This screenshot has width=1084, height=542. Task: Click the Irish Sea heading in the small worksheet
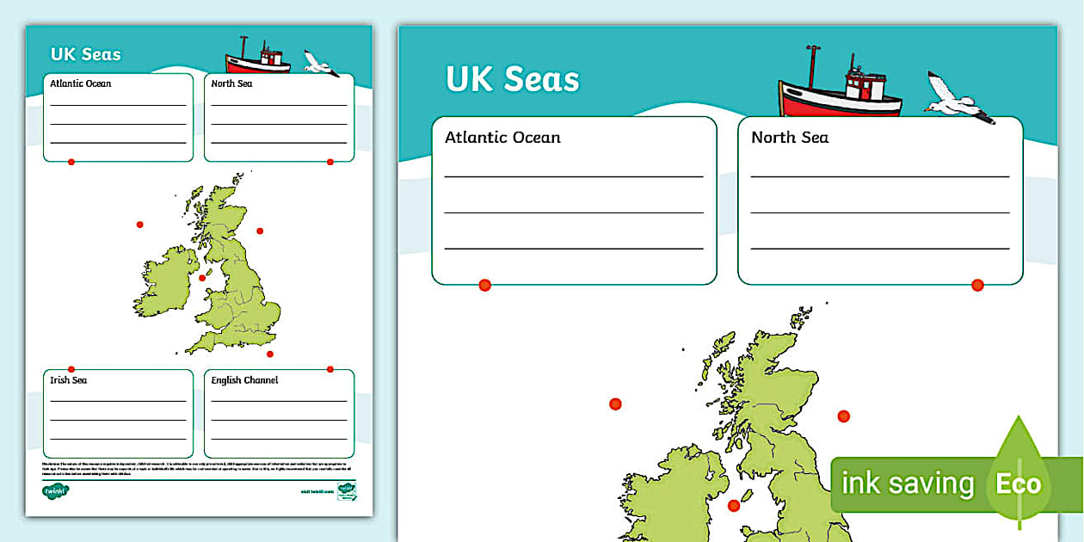(69, 380)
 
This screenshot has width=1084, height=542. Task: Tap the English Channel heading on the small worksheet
(244, 380)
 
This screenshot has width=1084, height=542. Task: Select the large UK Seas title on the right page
(513, 79)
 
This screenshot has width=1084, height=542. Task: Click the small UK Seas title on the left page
(85, 54)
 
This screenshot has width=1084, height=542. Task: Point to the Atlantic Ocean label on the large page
(502, 138)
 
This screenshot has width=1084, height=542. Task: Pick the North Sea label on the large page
(790, 138)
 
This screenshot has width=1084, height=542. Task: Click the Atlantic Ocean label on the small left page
(81, 84)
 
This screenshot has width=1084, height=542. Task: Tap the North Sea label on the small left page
(231, 84)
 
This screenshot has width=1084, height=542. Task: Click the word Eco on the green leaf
(1019, 483)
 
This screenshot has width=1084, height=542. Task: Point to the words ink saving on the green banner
(908, 483)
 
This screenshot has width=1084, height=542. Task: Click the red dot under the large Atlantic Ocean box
(484, 285)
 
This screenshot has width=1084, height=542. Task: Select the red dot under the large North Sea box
(977, 285)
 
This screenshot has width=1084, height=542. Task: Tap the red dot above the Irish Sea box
(71, 369)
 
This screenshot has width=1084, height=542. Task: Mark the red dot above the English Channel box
(330, 369)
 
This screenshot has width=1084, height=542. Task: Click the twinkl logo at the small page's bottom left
(55, 491)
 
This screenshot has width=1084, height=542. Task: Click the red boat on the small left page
(257, 59)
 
